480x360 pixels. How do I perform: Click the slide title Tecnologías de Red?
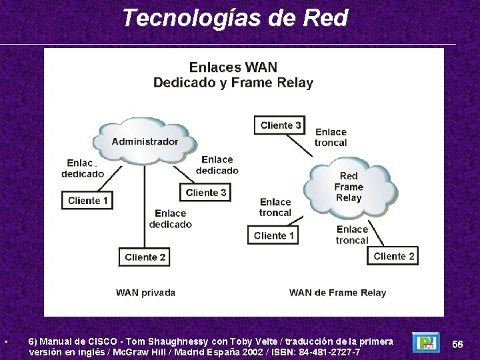coord(235,18)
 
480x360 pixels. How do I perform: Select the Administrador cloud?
coord(145,141)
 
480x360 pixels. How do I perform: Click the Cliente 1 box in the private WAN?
coord(88,200)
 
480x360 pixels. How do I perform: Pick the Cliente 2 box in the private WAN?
coord(145,257)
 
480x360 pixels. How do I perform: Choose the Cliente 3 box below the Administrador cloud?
coord(206,193)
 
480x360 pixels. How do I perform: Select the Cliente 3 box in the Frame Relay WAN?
coord(281,125)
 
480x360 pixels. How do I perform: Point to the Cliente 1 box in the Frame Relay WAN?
coord(274,235)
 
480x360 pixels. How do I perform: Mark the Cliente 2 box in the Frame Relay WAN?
coord(393,256)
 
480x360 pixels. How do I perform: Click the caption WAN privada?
coord(145,292)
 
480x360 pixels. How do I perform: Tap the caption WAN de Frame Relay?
coord(337,292)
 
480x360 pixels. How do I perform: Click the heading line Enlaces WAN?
coord(233,67)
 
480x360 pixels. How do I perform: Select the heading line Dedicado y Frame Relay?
coord(233,83)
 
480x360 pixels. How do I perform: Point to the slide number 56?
coord(458,344)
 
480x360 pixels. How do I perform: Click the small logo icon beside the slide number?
coord(425,343)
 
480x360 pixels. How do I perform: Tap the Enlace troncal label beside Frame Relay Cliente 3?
coord(331,137)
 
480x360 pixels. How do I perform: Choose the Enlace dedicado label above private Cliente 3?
coord(217,165)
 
